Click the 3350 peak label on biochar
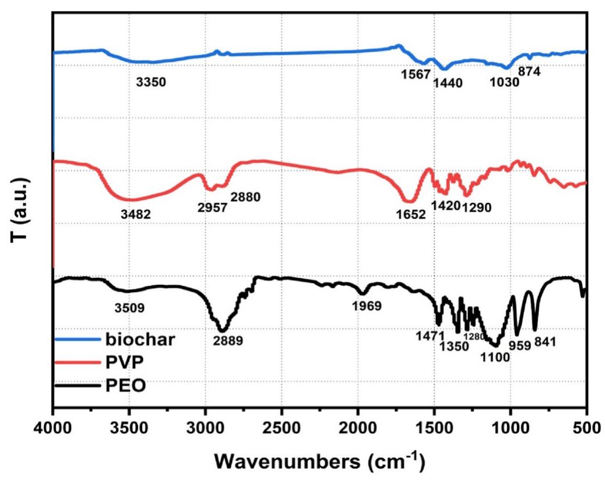click(151, 82)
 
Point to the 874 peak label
click(530, 72)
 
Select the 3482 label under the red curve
click(136, 214)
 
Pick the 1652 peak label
click(410, 214)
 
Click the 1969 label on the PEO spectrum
click(366, 306)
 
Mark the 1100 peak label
click(494, 357)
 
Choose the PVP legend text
click(122, 362)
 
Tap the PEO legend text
click(122, 384)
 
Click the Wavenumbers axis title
click(320, 461)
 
